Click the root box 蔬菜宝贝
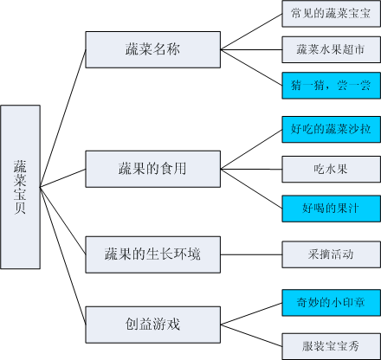[20, 187]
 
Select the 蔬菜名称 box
[153, 49]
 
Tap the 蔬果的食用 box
[153, 169]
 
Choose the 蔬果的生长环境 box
[153, 254]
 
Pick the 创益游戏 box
[153, 325]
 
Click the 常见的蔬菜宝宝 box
[331, 14]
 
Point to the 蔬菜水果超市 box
[331, 49]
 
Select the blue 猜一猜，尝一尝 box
[331, 86]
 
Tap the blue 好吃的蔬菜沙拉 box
[331, 130]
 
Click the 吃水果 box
[331, 170]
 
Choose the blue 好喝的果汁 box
[331, 209]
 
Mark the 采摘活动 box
[331, 254]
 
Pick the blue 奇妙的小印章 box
[331, 303]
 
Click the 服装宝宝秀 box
[331, 346]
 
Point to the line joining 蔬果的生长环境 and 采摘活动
[251, 254]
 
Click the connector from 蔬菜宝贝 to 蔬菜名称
[63, 119]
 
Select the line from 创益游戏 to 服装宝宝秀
[251, 336]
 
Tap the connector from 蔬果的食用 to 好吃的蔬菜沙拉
[251, 150]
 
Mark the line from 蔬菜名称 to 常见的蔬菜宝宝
[251, 32]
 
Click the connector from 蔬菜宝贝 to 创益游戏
[63, 256]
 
